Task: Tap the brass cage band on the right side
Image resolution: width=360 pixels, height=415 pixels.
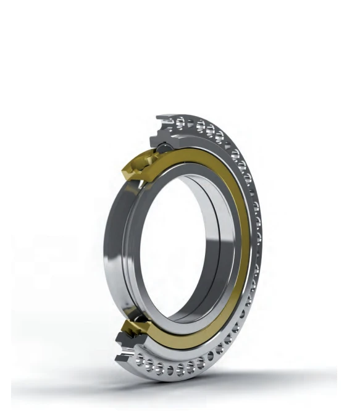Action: (247, 247)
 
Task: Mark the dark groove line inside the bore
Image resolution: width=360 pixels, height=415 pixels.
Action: (213, 247)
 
